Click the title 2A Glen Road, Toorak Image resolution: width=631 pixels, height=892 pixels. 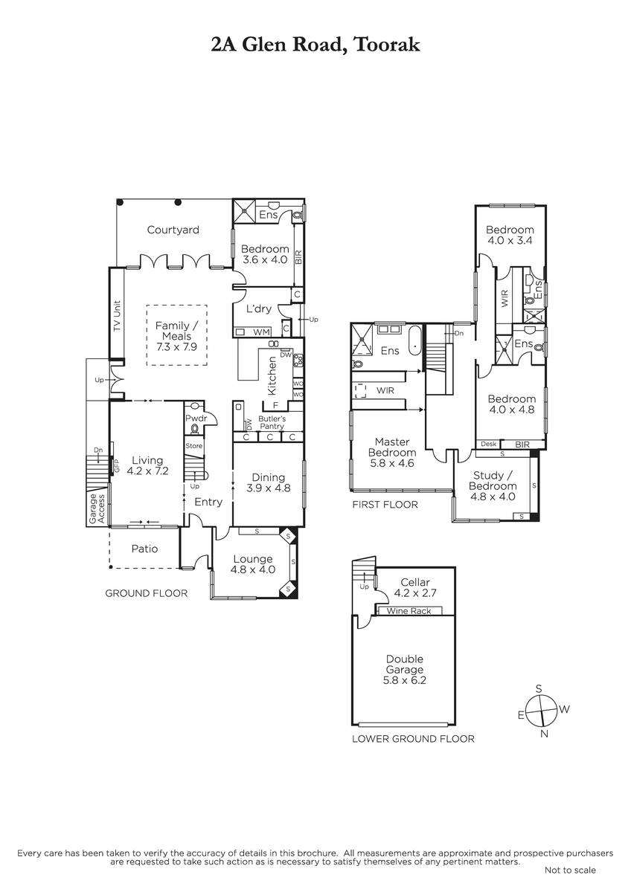click(x=315, y=45)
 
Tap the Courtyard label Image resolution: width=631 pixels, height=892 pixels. click(x=173, y=230)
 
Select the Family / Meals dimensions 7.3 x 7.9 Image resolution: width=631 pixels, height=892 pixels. click(x=176, y=347)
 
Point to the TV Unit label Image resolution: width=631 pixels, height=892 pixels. click(x=117, y=316)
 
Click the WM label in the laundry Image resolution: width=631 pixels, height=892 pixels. click(x=261, y=332)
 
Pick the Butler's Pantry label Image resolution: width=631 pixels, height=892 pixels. click(x=272, y=422)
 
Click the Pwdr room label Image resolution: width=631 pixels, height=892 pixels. click(x=196, y=418)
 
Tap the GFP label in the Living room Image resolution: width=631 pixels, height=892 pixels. click(x=117, y=466)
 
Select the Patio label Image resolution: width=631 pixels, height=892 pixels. click(x=144, y=549)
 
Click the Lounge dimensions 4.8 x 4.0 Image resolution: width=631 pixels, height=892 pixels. click(x=253, y=569)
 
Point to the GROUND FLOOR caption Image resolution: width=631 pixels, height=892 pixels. click(x=147, y=593)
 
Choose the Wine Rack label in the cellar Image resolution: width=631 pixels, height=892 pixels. click(x=409, y=611)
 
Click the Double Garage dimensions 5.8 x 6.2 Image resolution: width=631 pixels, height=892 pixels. click(x=405, y=680)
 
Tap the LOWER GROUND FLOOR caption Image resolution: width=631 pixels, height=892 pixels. click(x=414, y=739)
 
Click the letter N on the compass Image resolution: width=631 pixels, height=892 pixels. click(x=544, y=734)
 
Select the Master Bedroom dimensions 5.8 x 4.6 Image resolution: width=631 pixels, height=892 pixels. click(x=392, y=463)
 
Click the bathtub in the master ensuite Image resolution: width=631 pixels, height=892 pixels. click(x=415, y=341)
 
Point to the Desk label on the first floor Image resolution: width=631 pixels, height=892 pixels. click(x=489, y=444)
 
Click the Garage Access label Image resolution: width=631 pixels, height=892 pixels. click(x=97, y=508)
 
